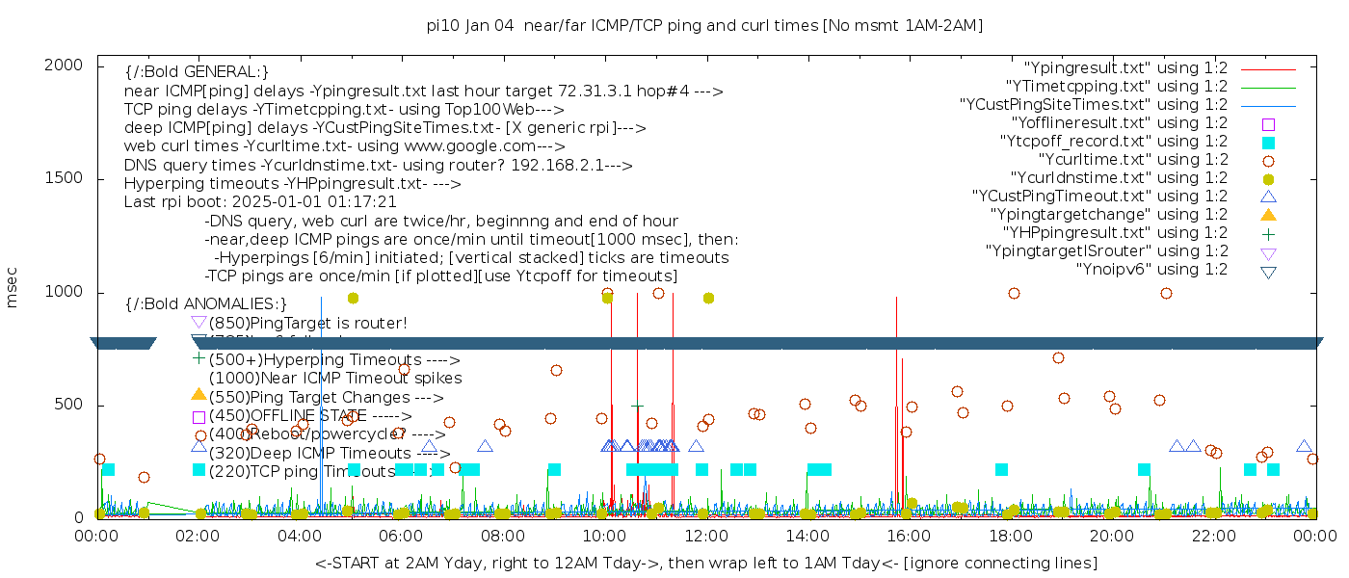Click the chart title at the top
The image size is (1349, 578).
(704, 25)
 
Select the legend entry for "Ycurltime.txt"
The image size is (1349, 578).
(1132, 160)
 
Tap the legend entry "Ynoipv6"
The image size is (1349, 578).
(1151, 270)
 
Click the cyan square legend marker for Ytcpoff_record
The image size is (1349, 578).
(1268, 143)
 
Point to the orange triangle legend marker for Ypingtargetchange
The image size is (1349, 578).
(1268, 215)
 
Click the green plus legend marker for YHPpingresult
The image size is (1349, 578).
(1268, 233)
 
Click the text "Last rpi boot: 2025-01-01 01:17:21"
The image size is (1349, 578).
(260, 203)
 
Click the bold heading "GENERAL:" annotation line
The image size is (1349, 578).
(197, 72)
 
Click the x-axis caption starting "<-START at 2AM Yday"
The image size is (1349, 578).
(705, 563)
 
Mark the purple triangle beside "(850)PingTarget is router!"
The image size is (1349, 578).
(198, 323)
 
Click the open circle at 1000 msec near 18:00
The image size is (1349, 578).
(1014, 294)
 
